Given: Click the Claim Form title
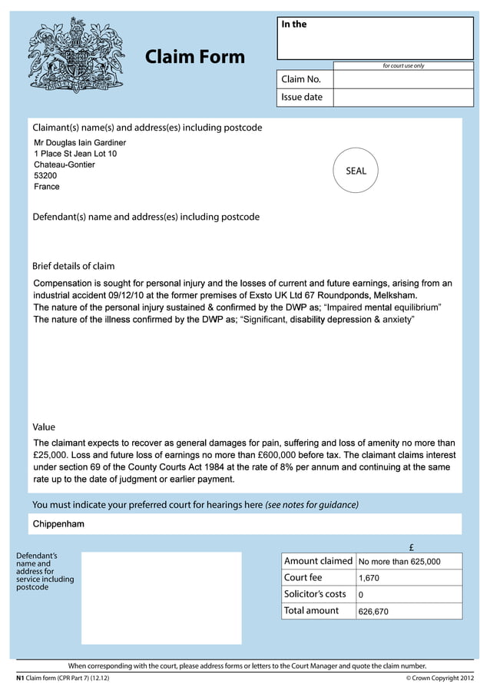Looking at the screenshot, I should click(194, 57).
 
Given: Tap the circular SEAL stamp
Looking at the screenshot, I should click(356, 171).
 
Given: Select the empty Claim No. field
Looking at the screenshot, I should click(403, 79).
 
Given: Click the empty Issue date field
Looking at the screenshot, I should click(403, 98).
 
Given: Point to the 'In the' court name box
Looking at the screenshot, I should click(375, 38).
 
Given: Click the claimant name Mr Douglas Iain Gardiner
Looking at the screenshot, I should click(80, 143).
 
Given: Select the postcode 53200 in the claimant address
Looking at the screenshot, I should click(45, 176).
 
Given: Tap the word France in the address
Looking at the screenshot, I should click(47, 187).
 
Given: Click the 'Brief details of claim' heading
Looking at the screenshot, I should click(73, 266).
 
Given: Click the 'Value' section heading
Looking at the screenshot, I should click(44, 427).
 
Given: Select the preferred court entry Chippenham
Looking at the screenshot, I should click(58, 524).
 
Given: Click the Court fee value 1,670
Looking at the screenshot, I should click(369, 577).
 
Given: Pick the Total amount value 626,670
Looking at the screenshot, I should click(373, 612).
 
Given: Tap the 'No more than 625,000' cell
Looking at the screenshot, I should click(399, 562).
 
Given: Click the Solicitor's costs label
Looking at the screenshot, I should click(315, 594).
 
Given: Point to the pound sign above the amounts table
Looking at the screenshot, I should click(412, 547).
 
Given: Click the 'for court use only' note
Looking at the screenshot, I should click(403, 65).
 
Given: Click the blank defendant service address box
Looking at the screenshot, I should click(161, 597).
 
